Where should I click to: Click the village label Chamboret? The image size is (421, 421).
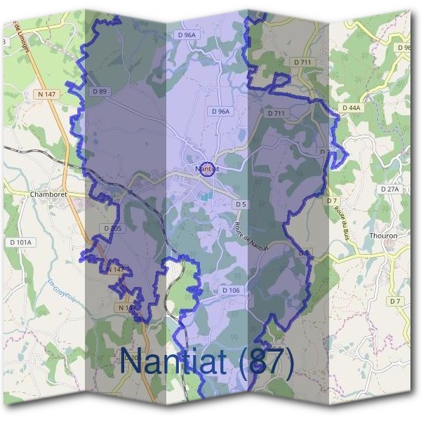point(48,194)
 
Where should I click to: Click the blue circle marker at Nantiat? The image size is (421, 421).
point(207,169)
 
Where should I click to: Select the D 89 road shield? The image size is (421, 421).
point(99,91)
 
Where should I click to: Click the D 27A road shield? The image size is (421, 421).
point(389,189)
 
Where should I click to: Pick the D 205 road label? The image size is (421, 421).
point(112,228)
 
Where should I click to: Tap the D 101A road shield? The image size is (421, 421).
point(21,242)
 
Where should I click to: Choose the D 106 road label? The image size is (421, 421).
point(231,290)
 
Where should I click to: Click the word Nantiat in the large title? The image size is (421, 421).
point(175,361)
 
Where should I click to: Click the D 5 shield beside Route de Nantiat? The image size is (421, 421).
point(241,204)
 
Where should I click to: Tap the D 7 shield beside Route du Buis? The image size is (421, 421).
point(332,201)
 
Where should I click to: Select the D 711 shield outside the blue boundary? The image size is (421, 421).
point(302,62)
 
